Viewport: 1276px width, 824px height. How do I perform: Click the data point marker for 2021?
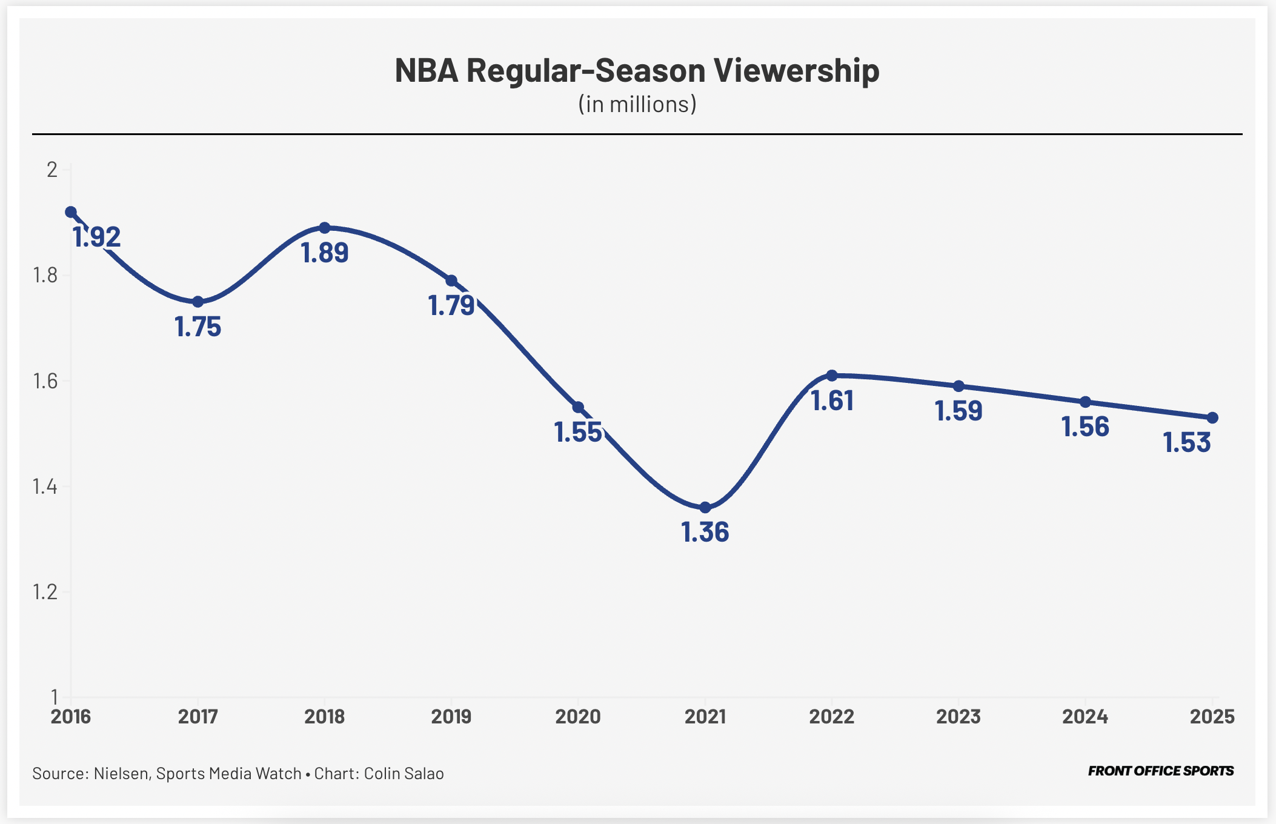pos(705,507)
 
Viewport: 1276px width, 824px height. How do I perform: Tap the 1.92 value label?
pos(97,237)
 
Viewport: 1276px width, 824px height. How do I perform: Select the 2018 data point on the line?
pos(325,228)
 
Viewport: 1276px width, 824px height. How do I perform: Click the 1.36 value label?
pos(705,532)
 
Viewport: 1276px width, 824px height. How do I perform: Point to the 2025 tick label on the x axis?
pos(1212,717)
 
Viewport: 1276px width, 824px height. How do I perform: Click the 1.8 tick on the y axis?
pos(45,276)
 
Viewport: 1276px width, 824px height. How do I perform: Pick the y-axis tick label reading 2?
pos(52,170)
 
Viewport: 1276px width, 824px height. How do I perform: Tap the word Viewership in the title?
pos(796,70)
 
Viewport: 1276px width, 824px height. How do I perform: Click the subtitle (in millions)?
pos(637,104)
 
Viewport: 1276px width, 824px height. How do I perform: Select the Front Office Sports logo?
pos(1160,771)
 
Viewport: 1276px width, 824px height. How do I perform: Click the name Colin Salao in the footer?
pos(404,774)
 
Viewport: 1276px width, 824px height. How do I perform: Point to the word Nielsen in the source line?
pos(121,774)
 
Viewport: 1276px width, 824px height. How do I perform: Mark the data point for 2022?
pos(832,376)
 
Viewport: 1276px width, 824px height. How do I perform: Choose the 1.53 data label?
pos(1186,443)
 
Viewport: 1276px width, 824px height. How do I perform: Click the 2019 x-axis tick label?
pos(451,717)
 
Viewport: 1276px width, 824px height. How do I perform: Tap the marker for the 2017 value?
pos(198,302)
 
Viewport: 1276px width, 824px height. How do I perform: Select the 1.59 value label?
pos(958,411)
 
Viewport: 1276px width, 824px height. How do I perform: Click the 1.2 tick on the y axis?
pos(45,592)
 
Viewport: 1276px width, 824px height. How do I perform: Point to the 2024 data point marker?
pos(1085,402)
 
